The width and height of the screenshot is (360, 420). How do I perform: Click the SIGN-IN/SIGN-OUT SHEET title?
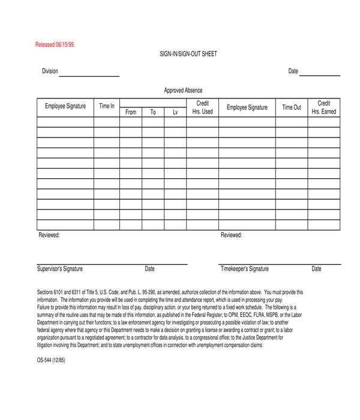(x=188, y=54)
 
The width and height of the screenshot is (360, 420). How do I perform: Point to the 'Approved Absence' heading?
(x=183, y=91)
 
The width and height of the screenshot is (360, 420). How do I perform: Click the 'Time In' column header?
(x=107, y=106)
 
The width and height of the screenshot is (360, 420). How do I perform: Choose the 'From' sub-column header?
(x=131, y=112)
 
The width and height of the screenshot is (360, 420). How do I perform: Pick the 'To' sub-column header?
(x=153, y=112)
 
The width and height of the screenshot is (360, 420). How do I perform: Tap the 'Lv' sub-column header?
(x=175, y=112)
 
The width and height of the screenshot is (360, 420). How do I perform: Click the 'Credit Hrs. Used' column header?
(x=202, y=107)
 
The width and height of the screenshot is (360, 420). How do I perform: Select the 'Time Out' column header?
(x=292, y=107)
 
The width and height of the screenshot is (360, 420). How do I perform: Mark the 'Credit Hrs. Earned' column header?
(x=324, y=107)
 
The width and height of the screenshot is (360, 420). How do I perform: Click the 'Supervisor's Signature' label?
(x=60, y=269)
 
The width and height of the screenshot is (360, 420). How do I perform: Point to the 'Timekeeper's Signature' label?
(x=245, y=269)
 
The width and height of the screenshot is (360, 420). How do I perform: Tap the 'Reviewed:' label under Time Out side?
(x=232, y=235)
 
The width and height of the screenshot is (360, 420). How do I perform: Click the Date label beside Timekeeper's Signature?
(x=316, y=269)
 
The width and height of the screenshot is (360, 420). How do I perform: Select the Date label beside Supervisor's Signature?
(x=150, y=269)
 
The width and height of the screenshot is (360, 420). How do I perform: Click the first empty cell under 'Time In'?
(x=107, y=122)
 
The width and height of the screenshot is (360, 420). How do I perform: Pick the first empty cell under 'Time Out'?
(x=292, y=122)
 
